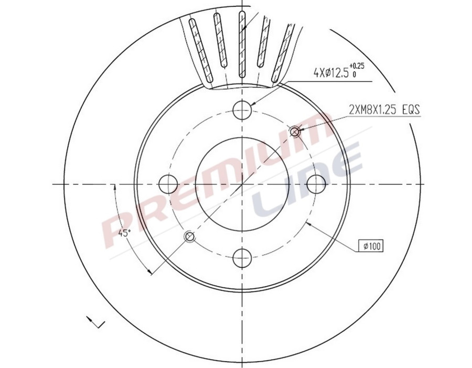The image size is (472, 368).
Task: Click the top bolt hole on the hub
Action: [242, 110]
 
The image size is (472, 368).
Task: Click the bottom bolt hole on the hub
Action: [242, 258]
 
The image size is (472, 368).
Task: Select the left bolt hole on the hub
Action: [168, 184]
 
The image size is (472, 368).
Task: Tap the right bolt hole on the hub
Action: [316, 184]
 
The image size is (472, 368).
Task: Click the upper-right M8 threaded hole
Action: [295, 132]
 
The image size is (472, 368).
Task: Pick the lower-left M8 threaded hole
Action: [190, 237]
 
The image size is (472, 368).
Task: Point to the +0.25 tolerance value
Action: [357, 66]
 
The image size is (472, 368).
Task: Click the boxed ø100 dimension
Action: [371, 245]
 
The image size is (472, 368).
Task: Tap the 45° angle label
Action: [125, 232]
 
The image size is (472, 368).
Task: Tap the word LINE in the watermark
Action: [309, 183]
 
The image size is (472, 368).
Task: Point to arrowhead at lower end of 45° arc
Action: [150, 272]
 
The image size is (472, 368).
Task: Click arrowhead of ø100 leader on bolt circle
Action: [308, 222]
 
